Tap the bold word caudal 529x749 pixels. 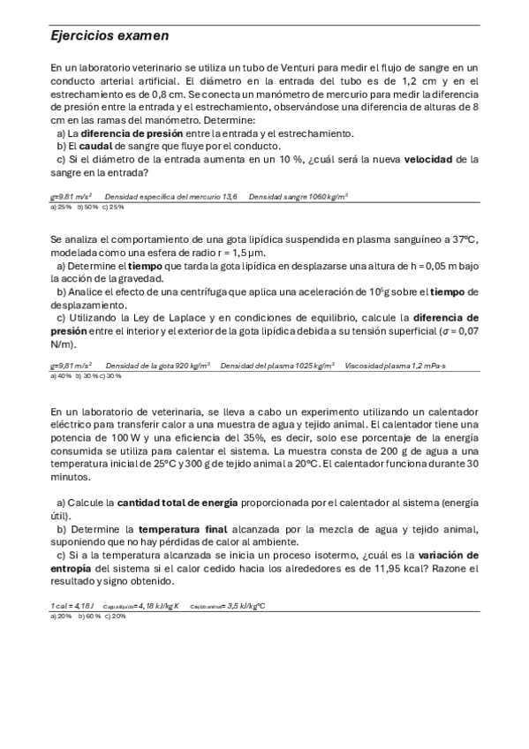[95, 146]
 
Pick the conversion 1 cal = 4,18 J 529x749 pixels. [72, 606]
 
